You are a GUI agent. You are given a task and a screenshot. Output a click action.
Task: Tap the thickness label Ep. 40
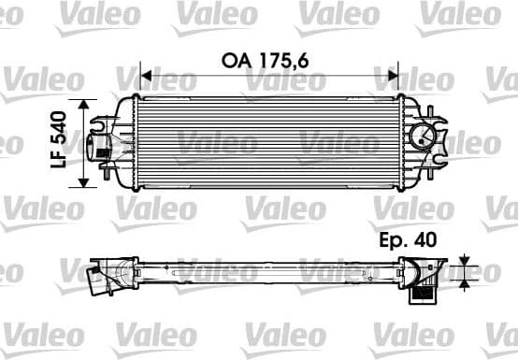point(410,240)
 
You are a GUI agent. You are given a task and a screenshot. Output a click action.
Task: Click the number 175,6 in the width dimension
point(284,59)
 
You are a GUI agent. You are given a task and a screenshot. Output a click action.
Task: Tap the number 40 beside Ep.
point(426,240)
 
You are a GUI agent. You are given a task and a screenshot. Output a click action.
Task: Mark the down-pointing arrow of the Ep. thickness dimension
point(465,258)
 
